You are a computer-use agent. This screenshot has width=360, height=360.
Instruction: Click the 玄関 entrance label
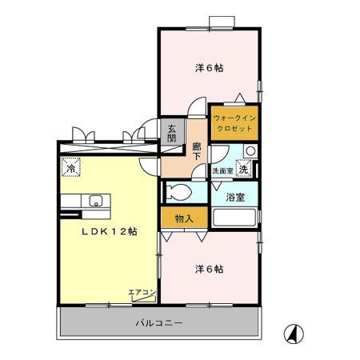(x=172, y=134)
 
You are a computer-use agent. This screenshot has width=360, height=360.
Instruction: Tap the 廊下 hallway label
(x=196, y=152)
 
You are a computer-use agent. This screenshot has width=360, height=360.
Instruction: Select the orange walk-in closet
(x=233, y=124)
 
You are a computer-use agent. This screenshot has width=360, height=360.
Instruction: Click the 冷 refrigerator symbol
(x=70, y=169)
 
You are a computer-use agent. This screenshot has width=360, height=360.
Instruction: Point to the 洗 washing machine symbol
(x=244, y=170)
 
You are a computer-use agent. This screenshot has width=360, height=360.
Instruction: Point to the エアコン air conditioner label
(x=141, y=292)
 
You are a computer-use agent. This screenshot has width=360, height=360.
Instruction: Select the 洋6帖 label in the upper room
(x=209, y=68)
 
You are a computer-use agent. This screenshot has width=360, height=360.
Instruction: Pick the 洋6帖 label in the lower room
(x=209, y=269)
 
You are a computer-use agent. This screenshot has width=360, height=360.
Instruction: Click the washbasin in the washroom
(x=250, y=150)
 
